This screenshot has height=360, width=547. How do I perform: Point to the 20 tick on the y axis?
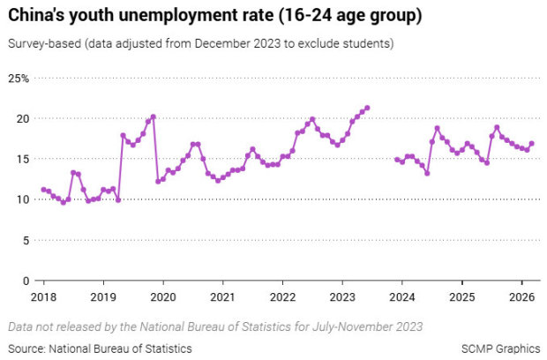23,118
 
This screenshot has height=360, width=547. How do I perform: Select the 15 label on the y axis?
23,159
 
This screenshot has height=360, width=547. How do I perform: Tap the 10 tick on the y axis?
23,199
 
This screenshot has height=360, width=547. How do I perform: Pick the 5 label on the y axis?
26,240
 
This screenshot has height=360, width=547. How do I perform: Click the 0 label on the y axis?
26,281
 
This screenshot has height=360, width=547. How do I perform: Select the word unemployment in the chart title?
175,16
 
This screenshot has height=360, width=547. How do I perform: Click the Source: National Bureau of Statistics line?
100,349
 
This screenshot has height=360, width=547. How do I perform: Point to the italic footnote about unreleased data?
215,326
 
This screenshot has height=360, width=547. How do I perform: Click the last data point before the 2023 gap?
367,108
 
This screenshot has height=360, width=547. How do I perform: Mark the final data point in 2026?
531,144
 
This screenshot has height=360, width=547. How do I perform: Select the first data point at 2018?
43,190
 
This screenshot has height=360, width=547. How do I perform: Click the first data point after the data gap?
397,160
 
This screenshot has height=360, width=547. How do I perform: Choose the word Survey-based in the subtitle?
39,43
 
